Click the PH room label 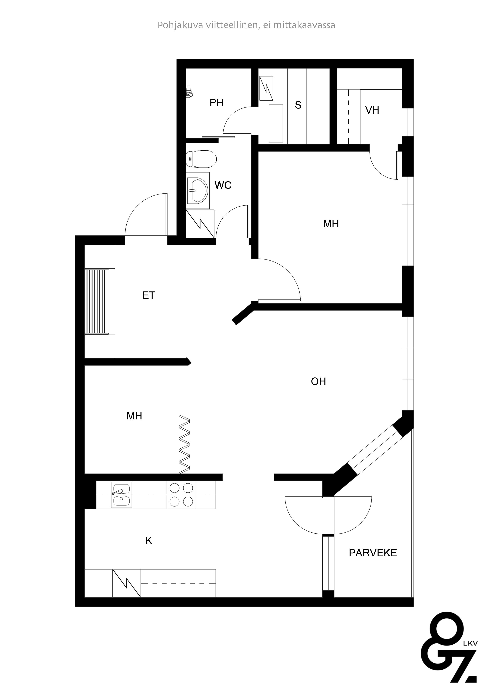click(216, 103)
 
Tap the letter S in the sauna click(298, 105)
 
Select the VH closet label click(372, 110)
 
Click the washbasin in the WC click(198, 190)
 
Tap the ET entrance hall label click(149, 295)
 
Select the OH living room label click(318, 381)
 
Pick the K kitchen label click(149, 540)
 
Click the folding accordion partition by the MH click(185, 444)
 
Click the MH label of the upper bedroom click(331, 224)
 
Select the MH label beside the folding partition click(134, 416)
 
